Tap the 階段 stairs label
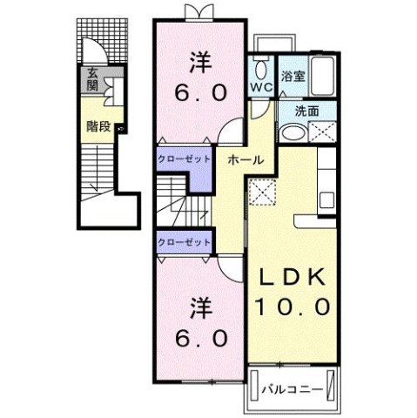98,125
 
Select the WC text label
262,88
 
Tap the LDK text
291,276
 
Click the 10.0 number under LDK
291,307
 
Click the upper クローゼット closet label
184,159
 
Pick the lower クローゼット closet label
184,242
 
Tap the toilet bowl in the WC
260,69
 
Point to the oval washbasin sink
294,134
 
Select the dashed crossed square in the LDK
260,193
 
